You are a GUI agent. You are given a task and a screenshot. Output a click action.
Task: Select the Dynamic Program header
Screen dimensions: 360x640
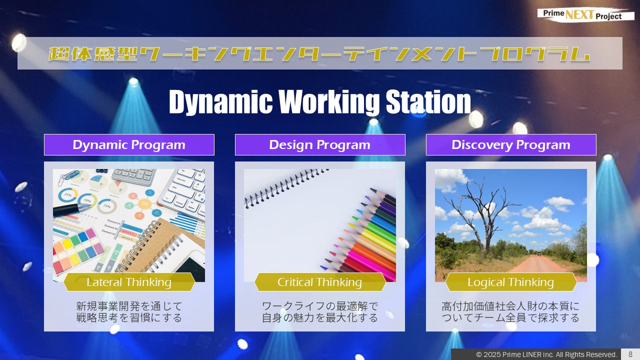(129, 145)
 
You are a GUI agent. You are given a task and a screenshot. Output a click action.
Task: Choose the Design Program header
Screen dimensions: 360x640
(320, 145)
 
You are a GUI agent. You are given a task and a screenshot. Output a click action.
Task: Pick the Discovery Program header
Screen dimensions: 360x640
(511, 145)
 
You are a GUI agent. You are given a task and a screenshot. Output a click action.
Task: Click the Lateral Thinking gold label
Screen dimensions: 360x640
(129, 282)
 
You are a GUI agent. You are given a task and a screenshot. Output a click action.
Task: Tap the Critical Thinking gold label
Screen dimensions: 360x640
(320, 282)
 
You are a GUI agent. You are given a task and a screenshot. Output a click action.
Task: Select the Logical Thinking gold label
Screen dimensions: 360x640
(511, 282)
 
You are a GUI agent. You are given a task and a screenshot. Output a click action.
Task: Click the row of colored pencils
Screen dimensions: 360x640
(365, 235)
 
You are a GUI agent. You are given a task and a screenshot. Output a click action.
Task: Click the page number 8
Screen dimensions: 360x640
(630, 354)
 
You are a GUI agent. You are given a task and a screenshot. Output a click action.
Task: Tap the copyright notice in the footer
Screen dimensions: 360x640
(546, 354)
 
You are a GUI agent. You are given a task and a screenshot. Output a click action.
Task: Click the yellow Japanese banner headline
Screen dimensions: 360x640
(320, 53)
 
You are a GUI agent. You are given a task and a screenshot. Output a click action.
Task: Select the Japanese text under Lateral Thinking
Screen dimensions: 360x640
(129, 311)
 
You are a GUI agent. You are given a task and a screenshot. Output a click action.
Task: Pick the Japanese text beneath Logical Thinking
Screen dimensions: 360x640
(511, 311)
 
